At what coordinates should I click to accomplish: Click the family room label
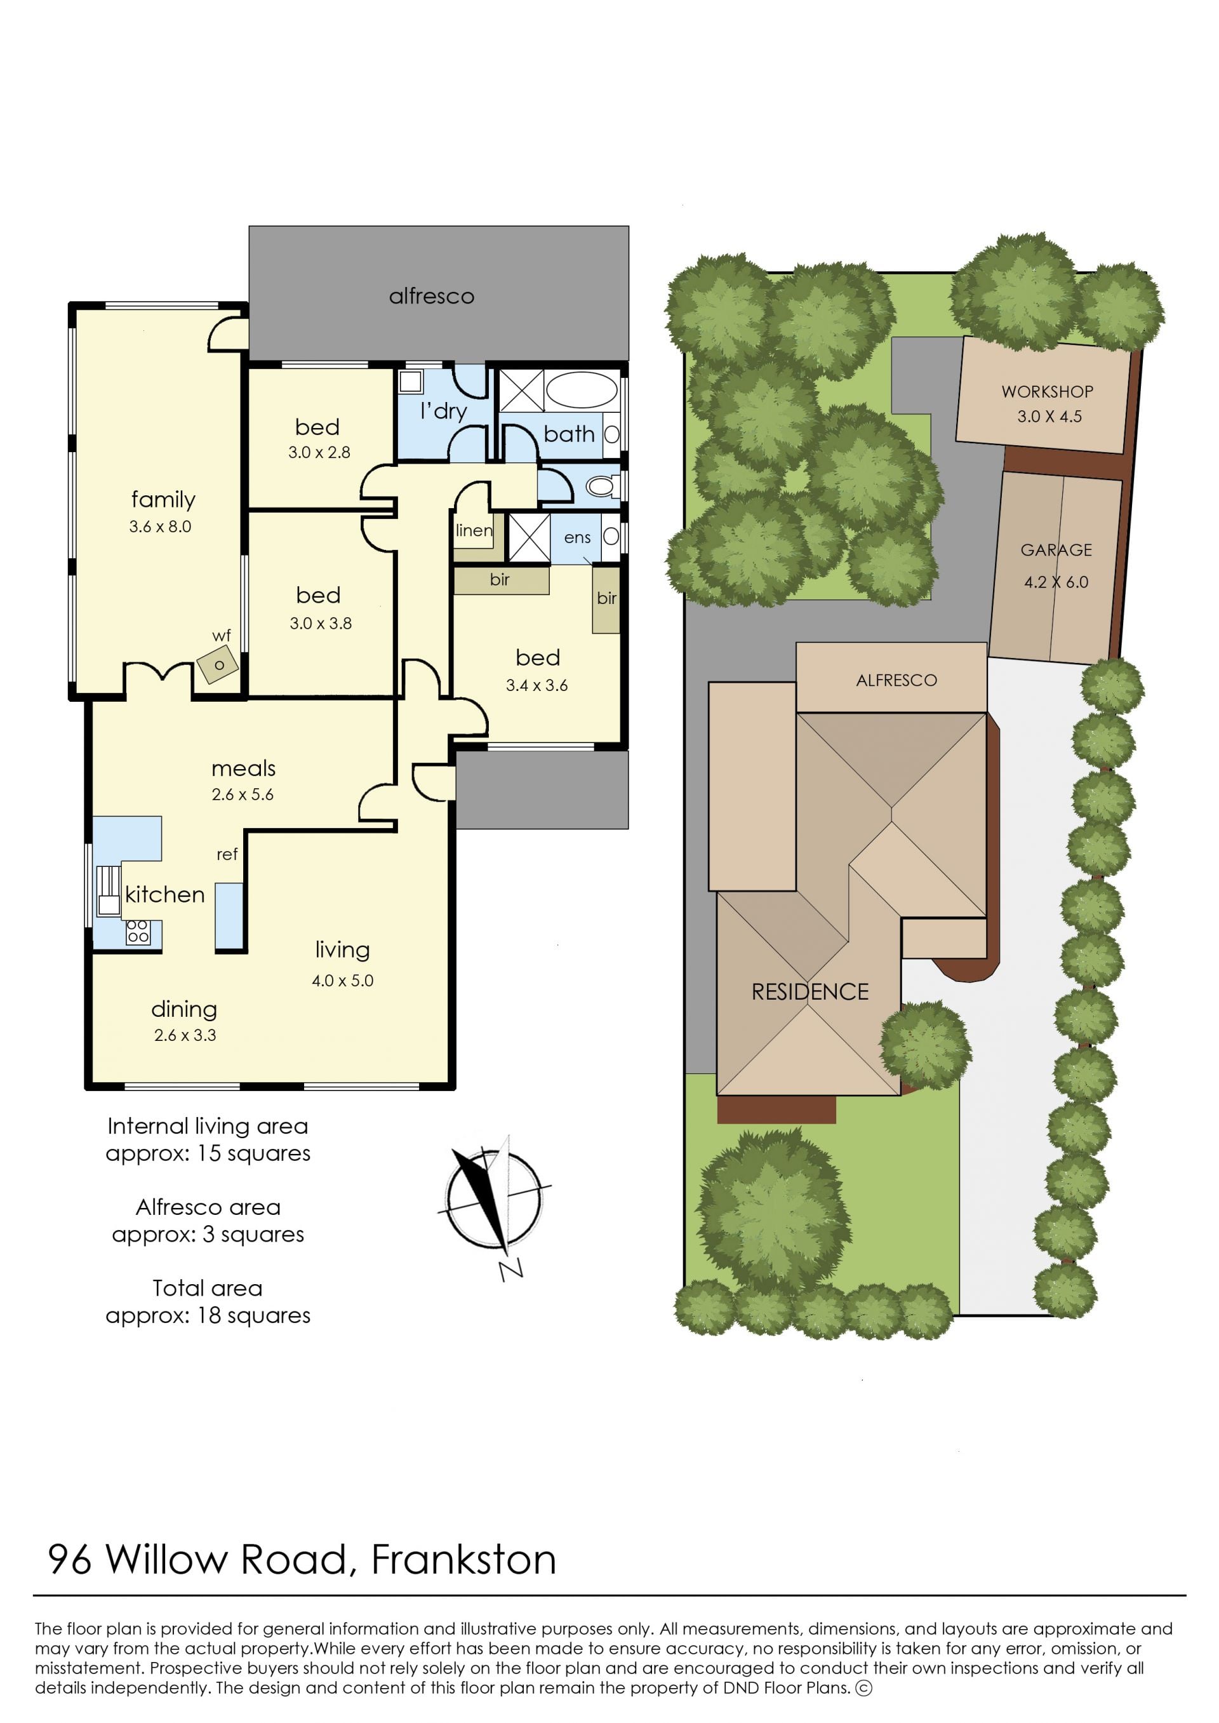pyautogui.click(x=163, y=499)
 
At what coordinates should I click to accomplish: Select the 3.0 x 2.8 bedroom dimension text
pyautogui.click(x=319, y=453)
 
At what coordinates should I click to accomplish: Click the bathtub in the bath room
pyautogui.click(x=581, y=390)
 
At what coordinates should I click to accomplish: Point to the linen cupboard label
pyautogui.click(x=474, y=530)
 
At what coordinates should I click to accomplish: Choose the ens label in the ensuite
pyautogui.click(x=577, y=537)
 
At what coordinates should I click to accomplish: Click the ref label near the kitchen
pyautogui.click(x=227, y=854)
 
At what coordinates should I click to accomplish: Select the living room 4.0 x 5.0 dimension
pyautogui.click(x=342, y=981)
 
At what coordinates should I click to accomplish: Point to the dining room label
pyautogui.click(x=184, y=1009)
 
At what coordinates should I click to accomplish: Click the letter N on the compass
pyautogui.click(x=511, y=1268)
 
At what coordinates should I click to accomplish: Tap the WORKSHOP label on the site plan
pyautogui.click(x=1047, y=391)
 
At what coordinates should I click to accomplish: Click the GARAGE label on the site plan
pyautogui.click(x=1056, y=551)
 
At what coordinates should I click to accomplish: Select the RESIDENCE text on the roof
pyautogui.click(x=810, y=992)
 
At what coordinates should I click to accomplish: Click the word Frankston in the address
pyautogui.click(x=464, y=1559)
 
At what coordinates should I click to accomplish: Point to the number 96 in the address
pyautogui.click(x=70, y=1559)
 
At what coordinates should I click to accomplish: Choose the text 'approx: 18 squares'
pyautogui.click(x=208, y=1315)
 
